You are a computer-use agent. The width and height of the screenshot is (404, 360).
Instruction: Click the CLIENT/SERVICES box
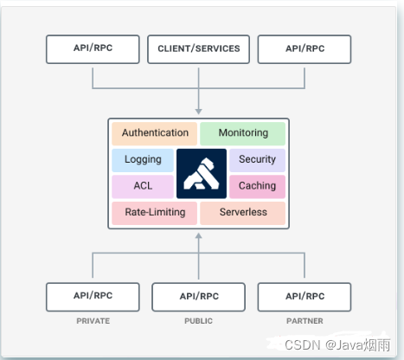tap(198, 49)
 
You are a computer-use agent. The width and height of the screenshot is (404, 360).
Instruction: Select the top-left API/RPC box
tap(92, 49)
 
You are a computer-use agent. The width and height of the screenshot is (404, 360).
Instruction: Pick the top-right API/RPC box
tap(305, 49)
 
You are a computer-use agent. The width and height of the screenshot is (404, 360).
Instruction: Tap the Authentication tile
tap(155, 133)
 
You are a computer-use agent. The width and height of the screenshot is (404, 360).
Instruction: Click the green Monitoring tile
tap(243, 133)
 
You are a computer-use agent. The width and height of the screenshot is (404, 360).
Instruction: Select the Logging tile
tap(143, 160)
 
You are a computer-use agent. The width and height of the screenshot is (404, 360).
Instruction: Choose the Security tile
tap(257, 160)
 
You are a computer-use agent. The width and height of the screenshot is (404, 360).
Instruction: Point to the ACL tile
tap(143, 186)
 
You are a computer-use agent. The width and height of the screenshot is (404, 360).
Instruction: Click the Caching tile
tap(257, 186)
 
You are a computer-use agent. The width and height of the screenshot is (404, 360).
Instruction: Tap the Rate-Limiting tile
tap(154, 213)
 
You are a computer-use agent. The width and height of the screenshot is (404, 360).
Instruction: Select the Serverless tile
tap(243, 213)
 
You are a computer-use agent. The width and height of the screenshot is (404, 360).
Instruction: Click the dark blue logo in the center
tap(201, 173)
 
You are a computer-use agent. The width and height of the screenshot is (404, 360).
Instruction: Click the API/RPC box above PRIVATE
tap(92, 296)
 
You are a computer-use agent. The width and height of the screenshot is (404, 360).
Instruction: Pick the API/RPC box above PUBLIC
tap(198, 296)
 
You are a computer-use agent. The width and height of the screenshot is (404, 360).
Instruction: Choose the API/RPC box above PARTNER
tap(305, 296)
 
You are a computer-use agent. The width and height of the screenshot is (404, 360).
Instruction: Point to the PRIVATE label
tap(92, 321)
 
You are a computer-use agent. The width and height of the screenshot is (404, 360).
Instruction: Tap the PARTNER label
tap(305, 321)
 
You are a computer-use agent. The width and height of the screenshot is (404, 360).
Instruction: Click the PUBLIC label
tap(198, 321)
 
